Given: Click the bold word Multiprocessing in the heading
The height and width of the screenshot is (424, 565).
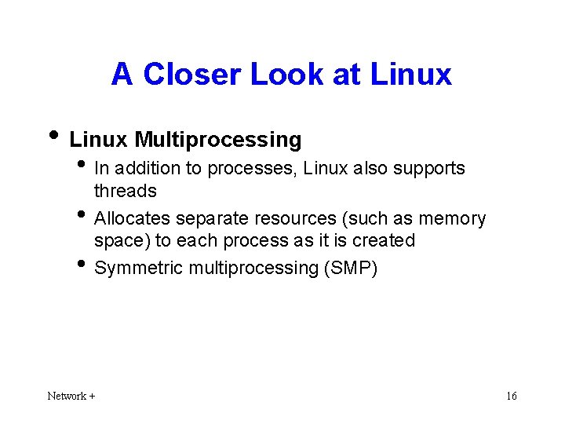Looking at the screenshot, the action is [x=217, y=140].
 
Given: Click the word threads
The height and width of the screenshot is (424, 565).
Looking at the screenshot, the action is [x=126, y=191].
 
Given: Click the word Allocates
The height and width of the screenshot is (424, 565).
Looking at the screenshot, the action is [x=132, y=218].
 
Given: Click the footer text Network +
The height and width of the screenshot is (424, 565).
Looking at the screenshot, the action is [x=71, y=396].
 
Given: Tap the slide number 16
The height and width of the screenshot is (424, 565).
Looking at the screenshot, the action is [x=511, y=396].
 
